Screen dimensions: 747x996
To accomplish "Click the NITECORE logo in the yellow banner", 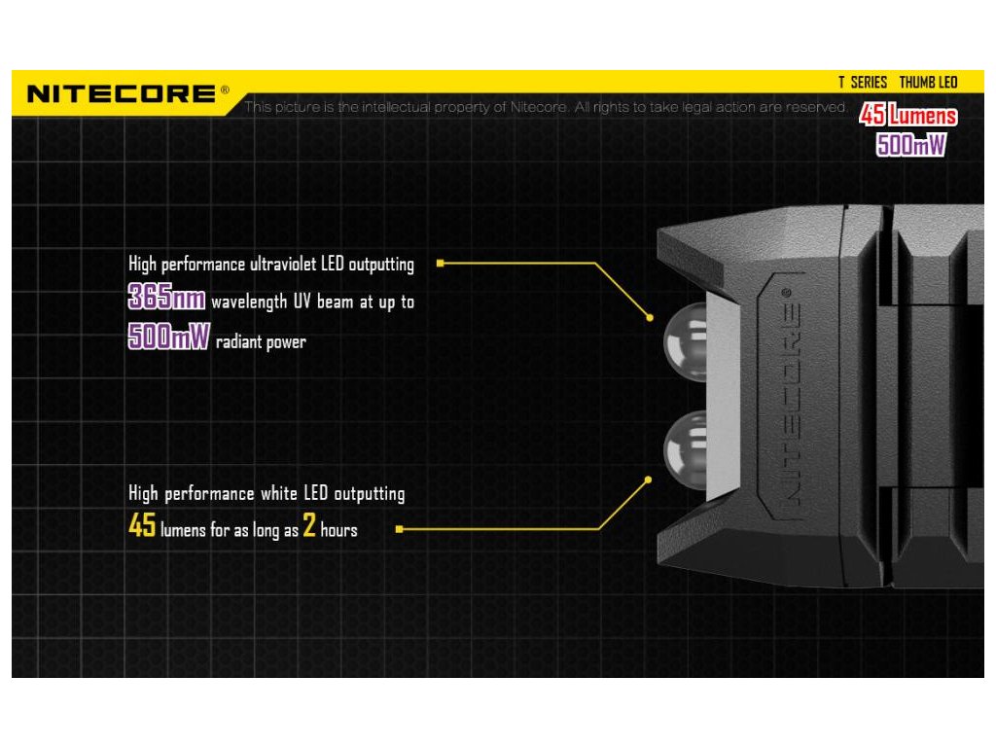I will pos(122,94).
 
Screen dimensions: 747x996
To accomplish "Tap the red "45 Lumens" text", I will pos(908,117).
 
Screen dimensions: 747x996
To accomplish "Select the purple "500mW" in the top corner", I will pos(910,145).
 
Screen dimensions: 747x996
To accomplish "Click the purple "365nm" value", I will pos(166,298).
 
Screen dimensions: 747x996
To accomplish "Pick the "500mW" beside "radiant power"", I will pos(168,338).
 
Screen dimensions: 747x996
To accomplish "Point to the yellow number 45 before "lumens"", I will pos(142,527).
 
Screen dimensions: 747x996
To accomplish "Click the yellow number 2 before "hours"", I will pos(310,527).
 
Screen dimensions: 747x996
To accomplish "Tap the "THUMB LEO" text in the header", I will pos(928,83).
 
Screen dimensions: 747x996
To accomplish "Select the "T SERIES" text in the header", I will pos(863,83).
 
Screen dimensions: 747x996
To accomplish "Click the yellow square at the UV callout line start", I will pos(441,263).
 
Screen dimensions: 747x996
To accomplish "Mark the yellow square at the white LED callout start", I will pos(400,529).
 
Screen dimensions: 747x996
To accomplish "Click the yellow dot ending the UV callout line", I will pos(649,317).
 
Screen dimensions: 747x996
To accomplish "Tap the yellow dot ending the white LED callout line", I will pos(649,478).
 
